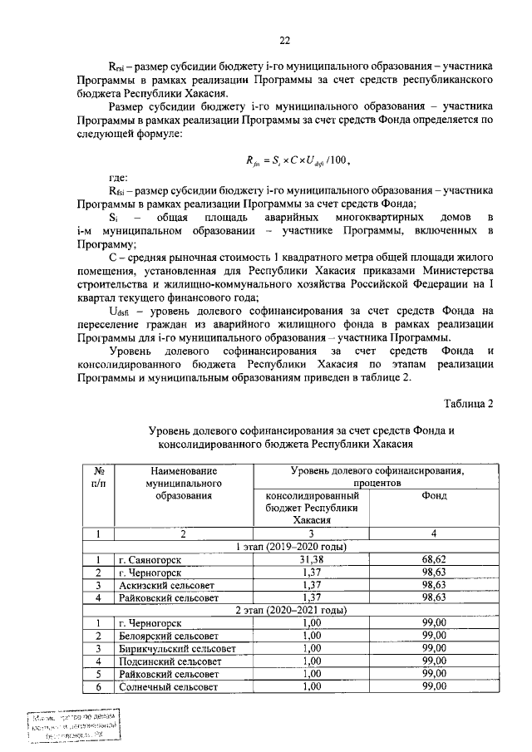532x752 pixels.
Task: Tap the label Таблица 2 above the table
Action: [x=466, y=404]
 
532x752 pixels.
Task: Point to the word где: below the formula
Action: [x=122, y=178]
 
